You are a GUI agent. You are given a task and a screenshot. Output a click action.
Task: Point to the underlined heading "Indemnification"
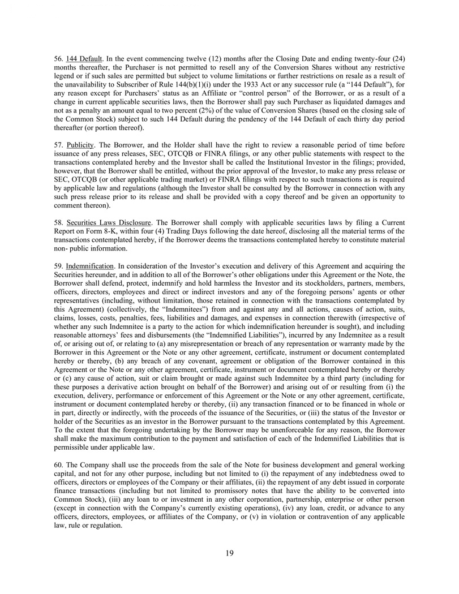(90, 265)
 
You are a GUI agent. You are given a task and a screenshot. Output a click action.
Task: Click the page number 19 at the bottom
(229, 553)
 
